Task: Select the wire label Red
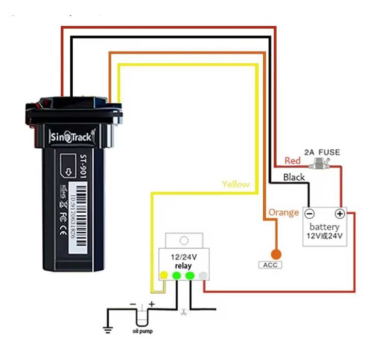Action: pos(293,161)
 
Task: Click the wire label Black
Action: pos(294,177)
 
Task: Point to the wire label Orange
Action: pos(283,212)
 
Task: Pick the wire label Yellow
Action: pos(235,184)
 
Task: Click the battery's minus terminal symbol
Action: pos(309,214)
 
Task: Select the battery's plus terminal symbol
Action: pos(340,214)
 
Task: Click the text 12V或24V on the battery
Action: pos(325,236)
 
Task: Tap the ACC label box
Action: pos(270,265)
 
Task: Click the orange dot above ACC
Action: pos(276,254)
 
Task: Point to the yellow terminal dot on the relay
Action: pos(164,276)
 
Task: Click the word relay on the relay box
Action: pos(183,266)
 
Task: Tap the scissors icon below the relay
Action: pos(183,312)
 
